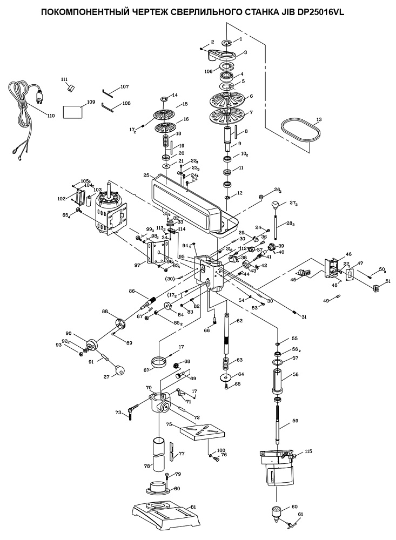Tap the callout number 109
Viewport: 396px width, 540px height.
[x=90, y=102]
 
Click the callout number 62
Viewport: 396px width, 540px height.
[x=239, y=321]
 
